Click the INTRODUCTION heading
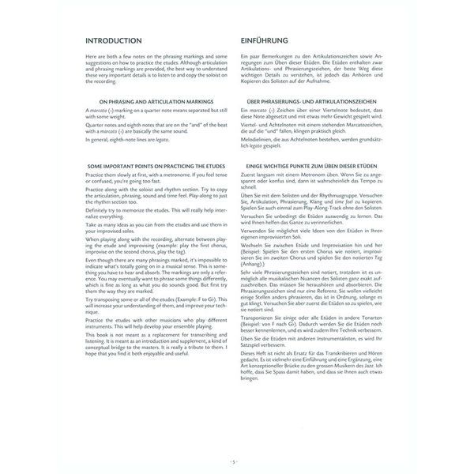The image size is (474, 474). point(113,40)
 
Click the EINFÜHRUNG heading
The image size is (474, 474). point(265,40)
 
